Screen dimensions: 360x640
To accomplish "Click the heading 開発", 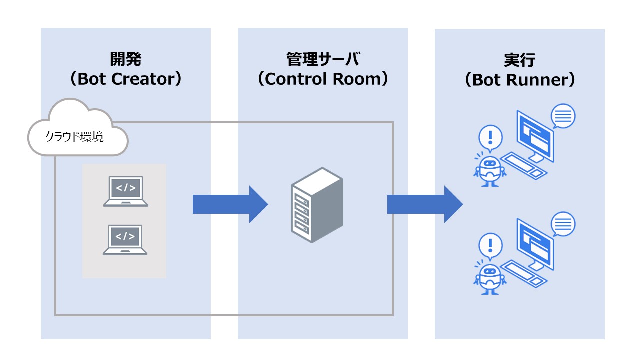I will tap(126, 60).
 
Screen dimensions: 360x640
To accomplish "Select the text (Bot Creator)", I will tap(126, 79).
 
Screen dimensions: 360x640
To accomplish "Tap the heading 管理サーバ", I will tap(323, 60).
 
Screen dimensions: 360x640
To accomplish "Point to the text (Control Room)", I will tap(323, 79).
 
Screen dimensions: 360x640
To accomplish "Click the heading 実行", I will tap(520, 61).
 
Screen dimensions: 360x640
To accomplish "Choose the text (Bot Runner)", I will tap(520, 80).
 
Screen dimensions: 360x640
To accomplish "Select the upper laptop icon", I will tap(125, 191).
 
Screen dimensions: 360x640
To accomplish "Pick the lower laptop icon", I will tap(125, 239).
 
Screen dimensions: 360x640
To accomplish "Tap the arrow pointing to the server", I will tap(230, 204).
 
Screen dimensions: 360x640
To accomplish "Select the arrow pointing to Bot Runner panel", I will tap(425, 204).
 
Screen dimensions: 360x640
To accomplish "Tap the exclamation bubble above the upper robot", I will tap(490, 137).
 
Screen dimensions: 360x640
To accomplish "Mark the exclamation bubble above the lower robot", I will tap(490, 245).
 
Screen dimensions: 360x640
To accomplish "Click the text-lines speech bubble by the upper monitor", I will tap(563, 116).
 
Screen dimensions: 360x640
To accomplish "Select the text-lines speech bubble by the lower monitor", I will tap(563, 224).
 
